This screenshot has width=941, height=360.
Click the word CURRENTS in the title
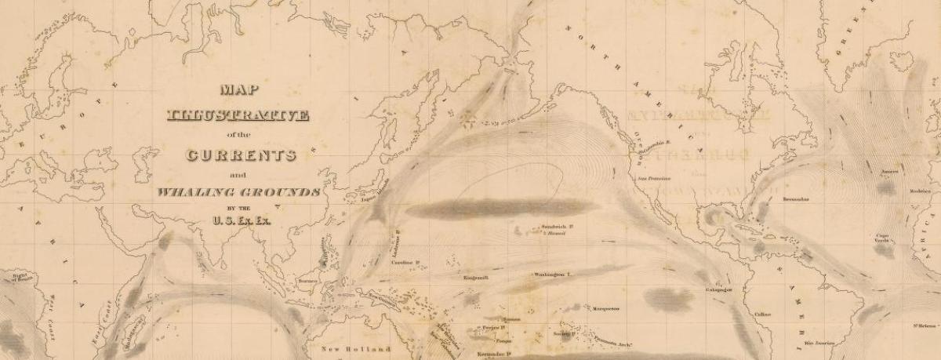240,154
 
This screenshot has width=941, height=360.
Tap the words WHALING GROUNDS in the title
238,192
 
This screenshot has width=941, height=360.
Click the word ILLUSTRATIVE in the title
239,115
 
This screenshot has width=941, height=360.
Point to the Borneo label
307,281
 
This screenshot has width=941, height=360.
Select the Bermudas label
798,199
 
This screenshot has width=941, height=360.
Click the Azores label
888,170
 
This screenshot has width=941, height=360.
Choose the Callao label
762,314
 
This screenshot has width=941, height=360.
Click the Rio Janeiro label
819,343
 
